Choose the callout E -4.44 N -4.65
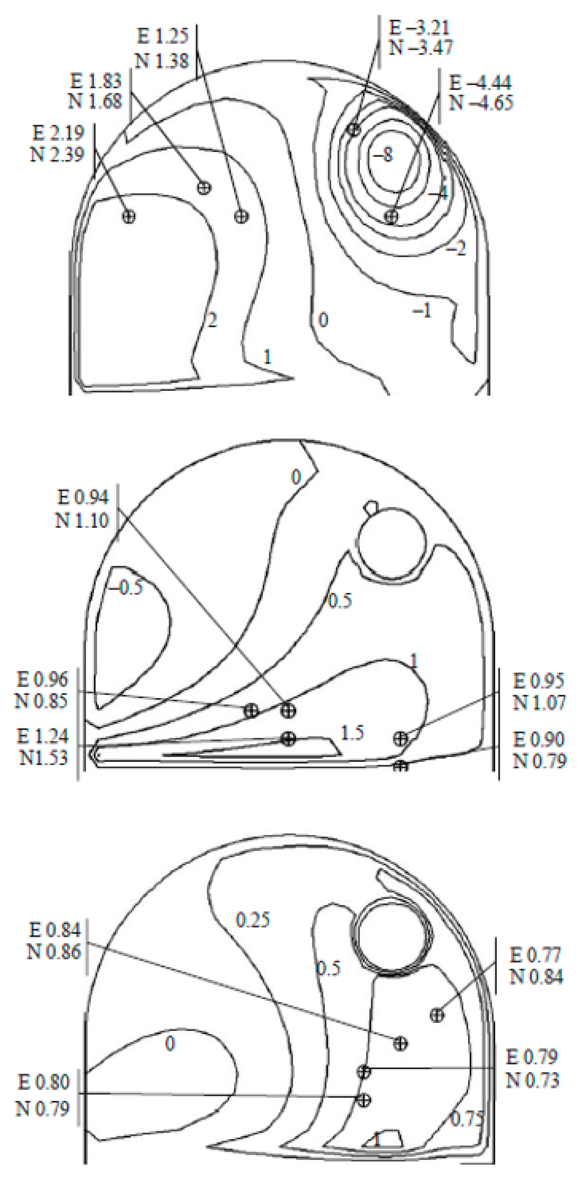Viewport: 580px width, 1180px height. pos(480,92)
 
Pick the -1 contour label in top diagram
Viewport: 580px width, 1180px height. pos(422,311)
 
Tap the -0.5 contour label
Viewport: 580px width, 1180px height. pos(125,587)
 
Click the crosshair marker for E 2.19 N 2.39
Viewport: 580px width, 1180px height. pos(129,216)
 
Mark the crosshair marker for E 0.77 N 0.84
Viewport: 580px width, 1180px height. pos(437,1015)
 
